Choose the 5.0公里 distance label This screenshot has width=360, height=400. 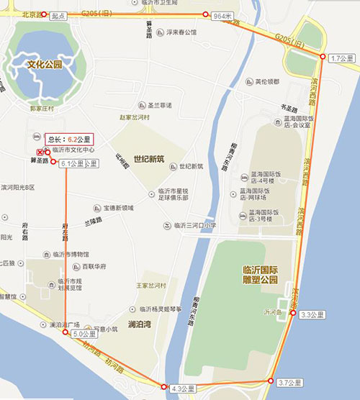tap(84, 335)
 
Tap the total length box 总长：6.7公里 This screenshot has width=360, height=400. tap(69, 138)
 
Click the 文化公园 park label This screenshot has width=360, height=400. tap(45, 65)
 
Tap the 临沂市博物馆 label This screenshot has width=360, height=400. tap(71, 254)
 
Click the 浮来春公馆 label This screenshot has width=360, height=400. tap(180, 32)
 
